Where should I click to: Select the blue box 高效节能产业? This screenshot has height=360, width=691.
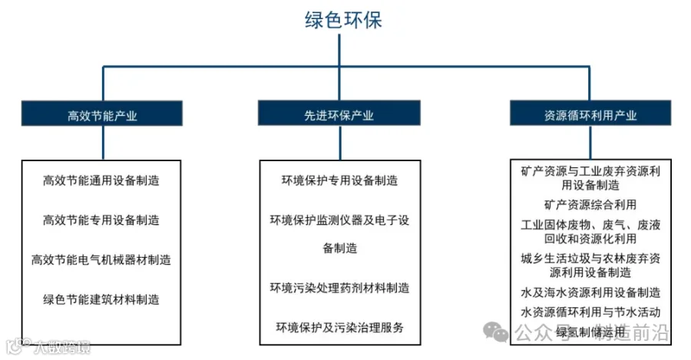(102, 115)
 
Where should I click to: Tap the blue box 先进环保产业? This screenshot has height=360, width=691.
(339, 115)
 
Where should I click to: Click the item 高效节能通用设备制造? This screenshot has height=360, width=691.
(101, 181)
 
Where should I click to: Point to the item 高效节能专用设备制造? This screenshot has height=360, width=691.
(101, 220)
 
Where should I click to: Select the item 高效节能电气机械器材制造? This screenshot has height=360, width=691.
(101, 259)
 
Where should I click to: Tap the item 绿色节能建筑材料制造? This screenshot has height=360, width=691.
(101, 299)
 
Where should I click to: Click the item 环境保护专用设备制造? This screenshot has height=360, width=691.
(339, 181)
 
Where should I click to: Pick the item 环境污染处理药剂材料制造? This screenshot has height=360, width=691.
(339, 288)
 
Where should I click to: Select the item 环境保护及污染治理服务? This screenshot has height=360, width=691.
(339, 328)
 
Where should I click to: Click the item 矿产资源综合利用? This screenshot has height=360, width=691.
(590, 204)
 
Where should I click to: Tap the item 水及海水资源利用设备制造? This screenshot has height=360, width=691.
(590, 292)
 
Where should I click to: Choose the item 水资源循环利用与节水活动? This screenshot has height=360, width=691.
(590, 312)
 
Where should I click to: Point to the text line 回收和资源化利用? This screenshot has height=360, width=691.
(590, 238)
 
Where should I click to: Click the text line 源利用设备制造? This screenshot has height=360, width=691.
(590, 272)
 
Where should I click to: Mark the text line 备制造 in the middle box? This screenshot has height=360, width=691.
(339, 248)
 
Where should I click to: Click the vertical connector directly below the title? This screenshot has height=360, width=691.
(339, 51)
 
